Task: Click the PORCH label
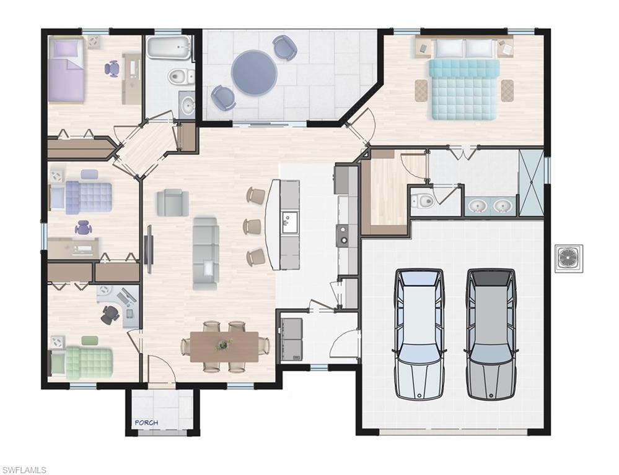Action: pyautogui.click(x=146, y=422)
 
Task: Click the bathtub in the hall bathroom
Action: pyautogui.click(x=169, y=49)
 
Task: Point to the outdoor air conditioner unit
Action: pyautogui.click(x=568, y=258)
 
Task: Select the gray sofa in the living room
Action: pyautogui.click(x=205, y=252)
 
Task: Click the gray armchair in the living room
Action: pyautogui.click(x=172, y=202)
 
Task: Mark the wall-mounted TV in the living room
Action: pyautogui.click(x=149, y=249)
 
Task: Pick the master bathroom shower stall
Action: pyautogui.click(x=530, y=182)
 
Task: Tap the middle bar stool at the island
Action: pyautogui.click(x=252, y=226)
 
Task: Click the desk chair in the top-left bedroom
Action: pyautogui.click(x=113, y=68)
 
